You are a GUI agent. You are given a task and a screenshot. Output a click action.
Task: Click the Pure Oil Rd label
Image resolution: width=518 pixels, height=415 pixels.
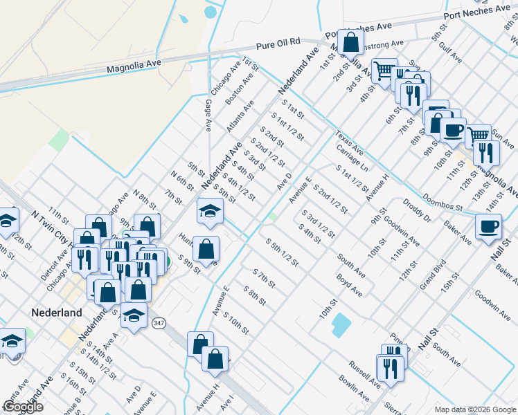(x=278, y=44)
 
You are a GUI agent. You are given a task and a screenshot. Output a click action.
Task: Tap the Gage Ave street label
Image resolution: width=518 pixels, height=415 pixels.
(x=208, y=115)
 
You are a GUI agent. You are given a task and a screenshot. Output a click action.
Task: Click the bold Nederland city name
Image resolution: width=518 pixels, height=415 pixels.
(x=57, y=313)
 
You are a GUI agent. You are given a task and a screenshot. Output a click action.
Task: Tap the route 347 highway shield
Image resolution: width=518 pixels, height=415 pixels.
(x=159, y=323)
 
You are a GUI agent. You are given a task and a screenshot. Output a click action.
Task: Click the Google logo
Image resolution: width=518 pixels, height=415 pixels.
(x=22, y=407)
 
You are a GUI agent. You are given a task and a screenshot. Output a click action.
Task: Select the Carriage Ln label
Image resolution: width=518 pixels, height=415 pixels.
(x=352, y=158)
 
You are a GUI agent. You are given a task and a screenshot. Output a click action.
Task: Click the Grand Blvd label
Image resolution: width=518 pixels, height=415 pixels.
(x=433, y=275)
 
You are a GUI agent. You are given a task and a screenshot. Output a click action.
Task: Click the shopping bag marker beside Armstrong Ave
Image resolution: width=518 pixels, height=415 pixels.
(x=351, y=41)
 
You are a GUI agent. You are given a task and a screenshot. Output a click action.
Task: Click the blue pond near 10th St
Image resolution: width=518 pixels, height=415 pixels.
(x=341, y=324)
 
